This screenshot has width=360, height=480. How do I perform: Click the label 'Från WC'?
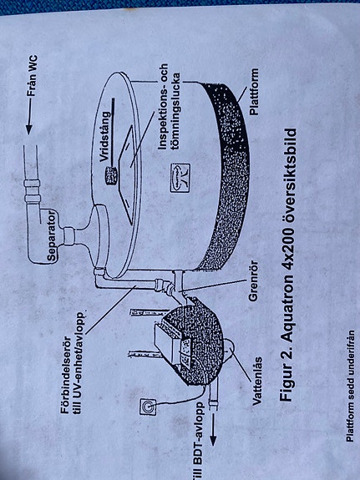[x=33, y=76]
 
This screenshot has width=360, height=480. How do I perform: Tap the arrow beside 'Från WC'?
[x=29, y=117]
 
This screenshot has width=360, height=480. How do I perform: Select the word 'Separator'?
[x=52, y=235]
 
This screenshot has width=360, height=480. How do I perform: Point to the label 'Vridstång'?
[x=104, y=136]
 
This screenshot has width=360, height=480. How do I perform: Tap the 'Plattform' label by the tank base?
[x=254, y=92]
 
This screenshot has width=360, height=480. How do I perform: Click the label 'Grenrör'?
[x=253, y=281]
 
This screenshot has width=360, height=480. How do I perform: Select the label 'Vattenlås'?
[x=256, y=381]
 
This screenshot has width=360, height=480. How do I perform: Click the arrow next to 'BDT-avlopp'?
[x=212, y=429]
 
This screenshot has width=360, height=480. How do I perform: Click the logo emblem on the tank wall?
[x=180, y=178]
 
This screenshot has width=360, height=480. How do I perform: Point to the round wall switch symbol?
[x=148, y=407]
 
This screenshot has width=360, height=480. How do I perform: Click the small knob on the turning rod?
[x=111, y=175]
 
